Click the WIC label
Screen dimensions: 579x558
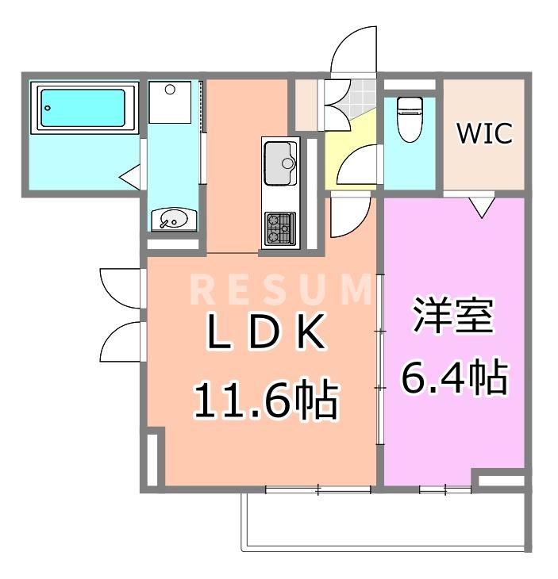(x=483, y=134)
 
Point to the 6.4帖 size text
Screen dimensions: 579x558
(x=453, y=379)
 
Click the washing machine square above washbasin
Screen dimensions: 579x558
(x=171, y=101)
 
